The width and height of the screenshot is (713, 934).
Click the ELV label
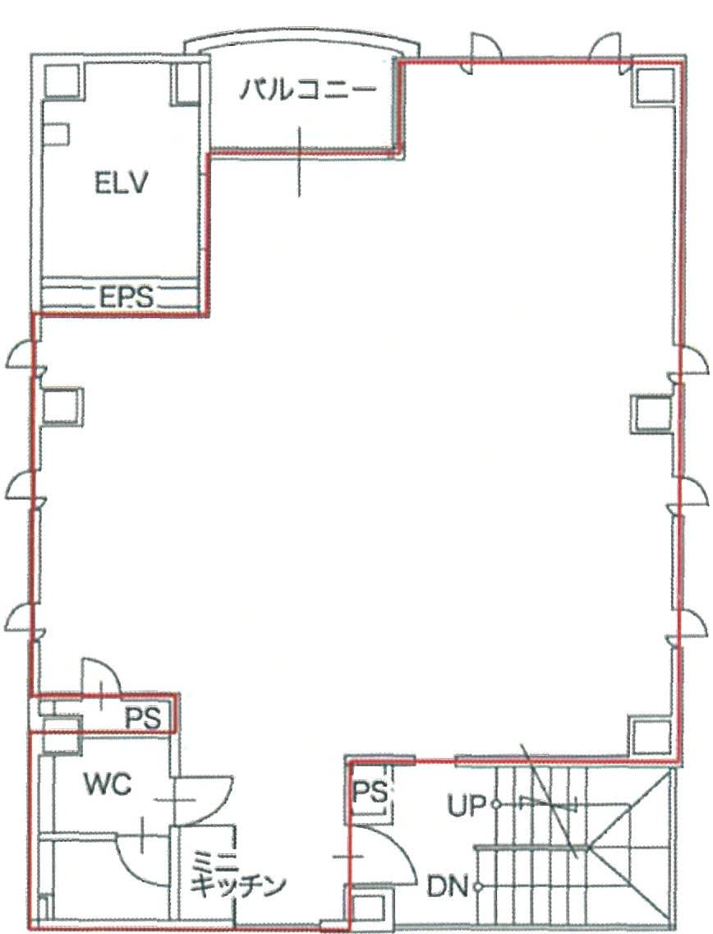pos(121,183)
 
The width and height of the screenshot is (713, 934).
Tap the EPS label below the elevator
pos(126,296)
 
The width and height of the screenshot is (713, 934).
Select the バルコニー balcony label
pos(308,90)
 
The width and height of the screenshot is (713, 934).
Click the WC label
pos(108,784)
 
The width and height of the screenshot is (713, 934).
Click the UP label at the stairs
pos(467,806)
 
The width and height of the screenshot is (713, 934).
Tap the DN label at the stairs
pos(448,887)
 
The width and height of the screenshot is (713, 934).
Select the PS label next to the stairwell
pos(370,793)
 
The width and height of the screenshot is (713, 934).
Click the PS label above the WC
pos(143,719)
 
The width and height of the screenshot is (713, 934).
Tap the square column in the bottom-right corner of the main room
pos(651,734)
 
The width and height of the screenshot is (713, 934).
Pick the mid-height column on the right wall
pos(653,414)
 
